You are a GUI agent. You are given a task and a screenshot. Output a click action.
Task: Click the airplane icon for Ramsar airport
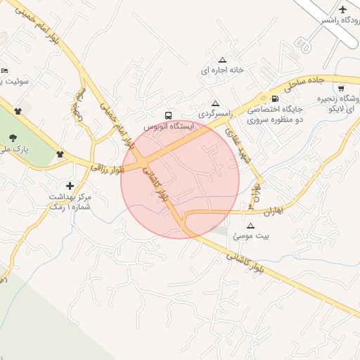tap(343, 10)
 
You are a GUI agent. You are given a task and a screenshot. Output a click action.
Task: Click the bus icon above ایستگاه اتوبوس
tap(167, 115)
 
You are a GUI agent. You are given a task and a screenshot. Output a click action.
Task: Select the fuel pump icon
tap(274, 98)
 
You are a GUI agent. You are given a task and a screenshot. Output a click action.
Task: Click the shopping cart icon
tap(341, 89)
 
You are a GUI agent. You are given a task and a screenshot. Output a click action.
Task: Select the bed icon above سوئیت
tap(4, 70)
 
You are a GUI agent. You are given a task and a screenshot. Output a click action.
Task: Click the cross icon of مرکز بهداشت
tap(70, 185)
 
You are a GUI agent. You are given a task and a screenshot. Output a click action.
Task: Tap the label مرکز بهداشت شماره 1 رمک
tap(70, 201)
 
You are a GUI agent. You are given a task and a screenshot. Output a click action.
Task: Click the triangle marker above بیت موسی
tap(250, 226)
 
